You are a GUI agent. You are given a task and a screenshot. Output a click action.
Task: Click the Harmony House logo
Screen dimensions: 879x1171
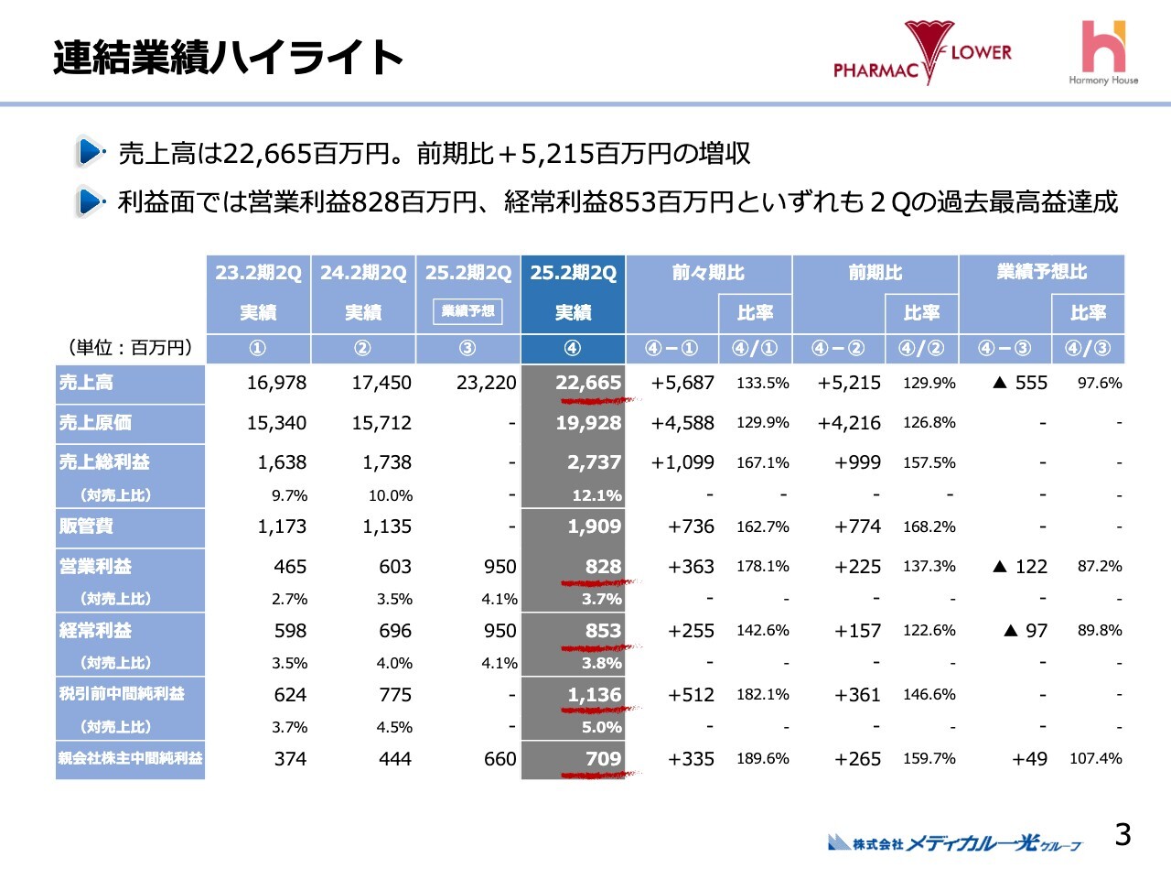pyautogui.click(x=1103, y=53)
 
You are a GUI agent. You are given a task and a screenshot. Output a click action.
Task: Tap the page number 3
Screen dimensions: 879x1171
pyautogui.click(x=1123, y=834)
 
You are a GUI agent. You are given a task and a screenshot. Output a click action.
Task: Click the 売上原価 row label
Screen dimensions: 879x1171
pyautogui.click(x=96, y=422)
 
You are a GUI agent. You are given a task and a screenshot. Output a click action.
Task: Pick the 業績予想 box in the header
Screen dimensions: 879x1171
pyautogui.click(x=467, y=311)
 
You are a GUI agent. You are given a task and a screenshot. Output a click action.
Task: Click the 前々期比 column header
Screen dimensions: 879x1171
pyautogui.click(x=707, y=273)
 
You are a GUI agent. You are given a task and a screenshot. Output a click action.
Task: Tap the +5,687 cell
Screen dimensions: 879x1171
pyautogui.click(x=682, y=383)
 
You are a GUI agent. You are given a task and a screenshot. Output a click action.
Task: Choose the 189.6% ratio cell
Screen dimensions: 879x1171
pyautogui.click(x=762, y=758)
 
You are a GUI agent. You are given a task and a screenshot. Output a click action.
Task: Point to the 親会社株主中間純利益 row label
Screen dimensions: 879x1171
pyautogui.click(x=130, y=758)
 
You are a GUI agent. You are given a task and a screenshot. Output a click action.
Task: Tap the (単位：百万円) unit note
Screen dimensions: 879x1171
pyautogui.click(x=130, y=347)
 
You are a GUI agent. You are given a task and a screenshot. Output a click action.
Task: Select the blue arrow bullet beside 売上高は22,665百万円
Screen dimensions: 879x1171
pyautogui.click(x=90, y=152)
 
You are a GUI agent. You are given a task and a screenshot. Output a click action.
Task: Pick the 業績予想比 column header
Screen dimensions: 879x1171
pyautogui.click(x=1041, y=273)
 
